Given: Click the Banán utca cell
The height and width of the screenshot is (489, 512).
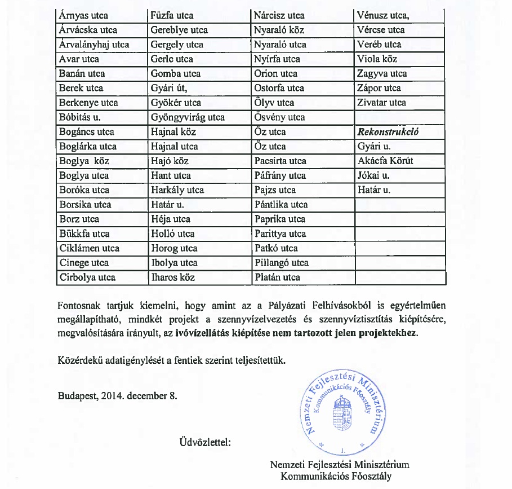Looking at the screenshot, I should click(x=82, y=74).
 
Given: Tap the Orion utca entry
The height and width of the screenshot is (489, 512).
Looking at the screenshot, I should click(x=275, y=74).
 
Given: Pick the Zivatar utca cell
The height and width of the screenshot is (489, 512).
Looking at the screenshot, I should click(x=381, y=103).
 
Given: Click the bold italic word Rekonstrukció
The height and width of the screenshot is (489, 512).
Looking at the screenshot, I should click(x=388, y=132).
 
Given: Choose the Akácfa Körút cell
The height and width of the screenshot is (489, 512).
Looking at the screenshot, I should click(x=385, y=161).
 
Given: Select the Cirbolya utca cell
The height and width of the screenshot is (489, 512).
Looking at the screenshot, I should click(x=87, y=277).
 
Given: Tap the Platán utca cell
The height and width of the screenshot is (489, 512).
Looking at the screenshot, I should click(x=277, y=277).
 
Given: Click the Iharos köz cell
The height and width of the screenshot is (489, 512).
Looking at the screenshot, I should click(x=173, y=277).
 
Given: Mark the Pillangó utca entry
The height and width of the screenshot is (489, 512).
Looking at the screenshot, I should click(x=281, y=263).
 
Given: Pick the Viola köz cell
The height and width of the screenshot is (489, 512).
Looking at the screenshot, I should click(x=377, y=59).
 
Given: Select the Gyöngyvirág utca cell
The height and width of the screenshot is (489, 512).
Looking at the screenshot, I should click(x=188, y=118).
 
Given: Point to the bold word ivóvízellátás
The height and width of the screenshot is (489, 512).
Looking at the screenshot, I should click(x=203, y=333).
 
